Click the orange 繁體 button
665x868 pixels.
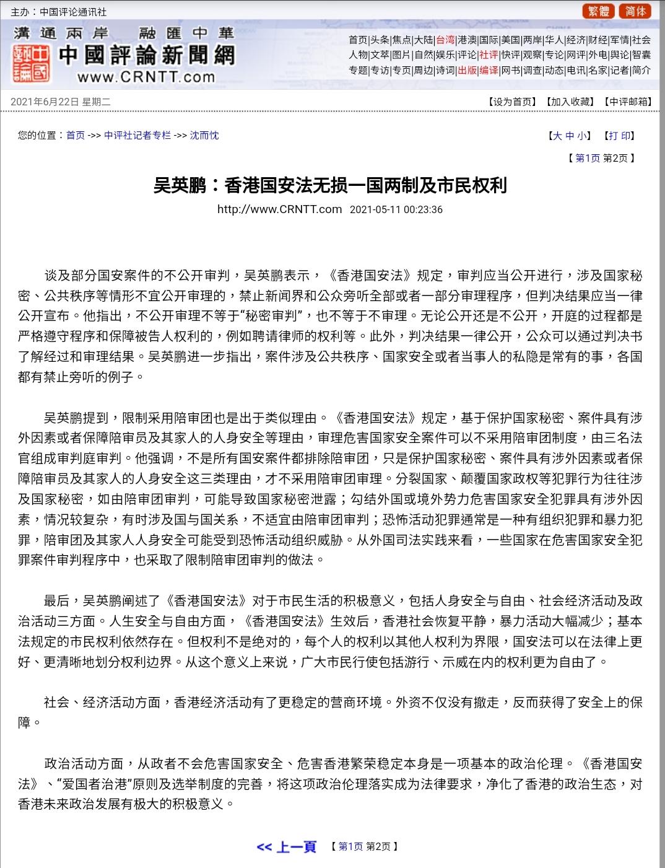point(598,11)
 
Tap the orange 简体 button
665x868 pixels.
point(635,11)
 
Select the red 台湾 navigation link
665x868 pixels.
point(445,40)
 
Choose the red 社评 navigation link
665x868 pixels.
point(489,55)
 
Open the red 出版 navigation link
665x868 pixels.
point(467,70)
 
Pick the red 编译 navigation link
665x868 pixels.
point(489,70)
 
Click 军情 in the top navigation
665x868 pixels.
point(620,40)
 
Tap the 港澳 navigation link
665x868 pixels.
point(467,40)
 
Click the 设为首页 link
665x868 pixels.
point(512,102)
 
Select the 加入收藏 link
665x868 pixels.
point(570,102)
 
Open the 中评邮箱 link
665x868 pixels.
point(628,102)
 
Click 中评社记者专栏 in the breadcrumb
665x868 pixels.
point(137,135)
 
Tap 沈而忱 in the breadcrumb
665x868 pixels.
point(204,135)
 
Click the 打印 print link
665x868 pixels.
point(619,136)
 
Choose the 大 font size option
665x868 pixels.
point(557,136)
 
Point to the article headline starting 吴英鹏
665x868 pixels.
point(330,185)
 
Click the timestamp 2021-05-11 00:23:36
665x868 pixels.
point(396,209)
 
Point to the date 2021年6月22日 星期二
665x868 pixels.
point(60,102)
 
